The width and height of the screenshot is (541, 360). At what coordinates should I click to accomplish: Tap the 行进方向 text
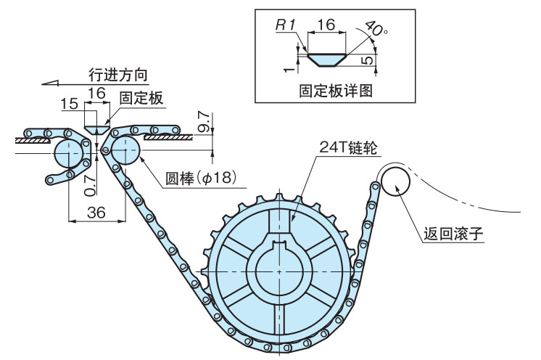pos(117,75)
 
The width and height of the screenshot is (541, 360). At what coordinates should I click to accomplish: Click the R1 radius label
pos(284,25)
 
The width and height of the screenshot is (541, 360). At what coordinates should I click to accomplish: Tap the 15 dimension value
pos(70,105)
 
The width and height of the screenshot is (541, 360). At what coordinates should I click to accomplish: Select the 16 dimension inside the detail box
pos(326,25)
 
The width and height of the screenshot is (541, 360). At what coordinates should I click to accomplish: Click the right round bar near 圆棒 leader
pos(125,151)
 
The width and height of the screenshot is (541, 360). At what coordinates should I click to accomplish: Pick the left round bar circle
pos(67,152)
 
